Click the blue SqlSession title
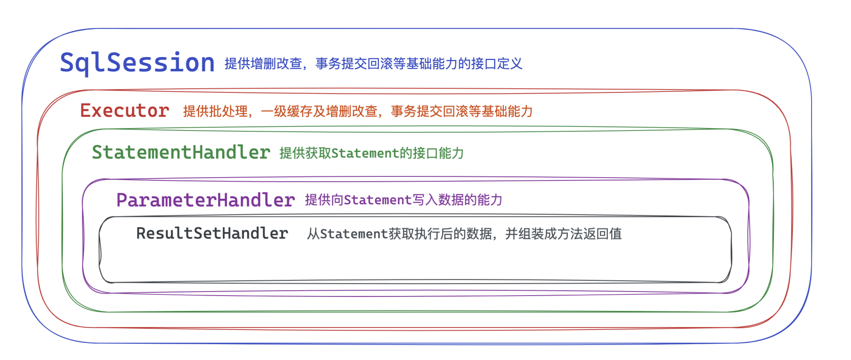(137, 63)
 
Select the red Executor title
(125, 111)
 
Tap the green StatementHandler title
(181, 152)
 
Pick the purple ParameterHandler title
(205, 200)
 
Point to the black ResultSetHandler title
(212, 234)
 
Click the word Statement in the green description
(365, 153)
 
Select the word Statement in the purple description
(378, 200)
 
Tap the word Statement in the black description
(354, 234)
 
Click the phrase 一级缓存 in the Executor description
(286, 111)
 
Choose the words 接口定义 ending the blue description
(497, 64)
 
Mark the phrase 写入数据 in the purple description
(438, 200)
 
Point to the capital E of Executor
(85, 111)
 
